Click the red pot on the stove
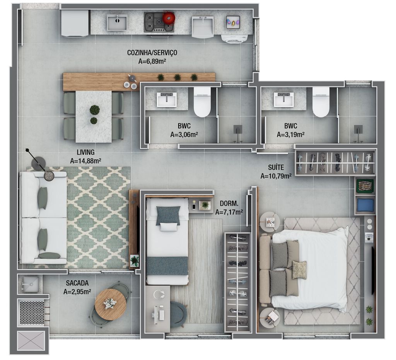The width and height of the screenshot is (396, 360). [x=169, y=18]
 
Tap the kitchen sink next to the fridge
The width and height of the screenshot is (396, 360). [x=117, y=22]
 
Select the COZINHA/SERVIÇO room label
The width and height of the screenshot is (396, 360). [x=152, y=53]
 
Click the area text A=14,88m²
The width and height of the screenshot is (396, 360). [x=85, y=161]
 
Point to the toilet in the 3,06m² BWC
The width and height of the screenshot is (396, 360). [x=202, y=102]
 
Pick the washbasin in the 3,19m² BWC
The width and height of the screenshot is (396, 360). [x=284, y=99]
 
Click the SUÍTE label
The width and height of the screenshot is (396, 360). [x=276, y=167]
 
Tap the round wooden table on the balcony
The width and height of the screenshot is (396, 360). [x=110, y=304]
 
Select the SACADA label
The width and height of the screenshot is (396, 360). [x=77, y=283]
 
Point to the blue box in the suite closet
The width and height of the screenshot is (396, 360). [x=365, y=205]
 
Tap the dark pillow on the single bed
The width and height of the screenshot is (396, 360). [x=168, y=215]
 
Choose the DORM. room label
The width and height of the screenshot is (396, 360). [x=229, y=203]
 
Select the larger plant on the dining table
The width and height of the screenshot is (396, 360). [x=94, y=110]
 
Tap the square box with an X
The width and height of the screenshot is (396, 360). [x=31, y=340]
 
